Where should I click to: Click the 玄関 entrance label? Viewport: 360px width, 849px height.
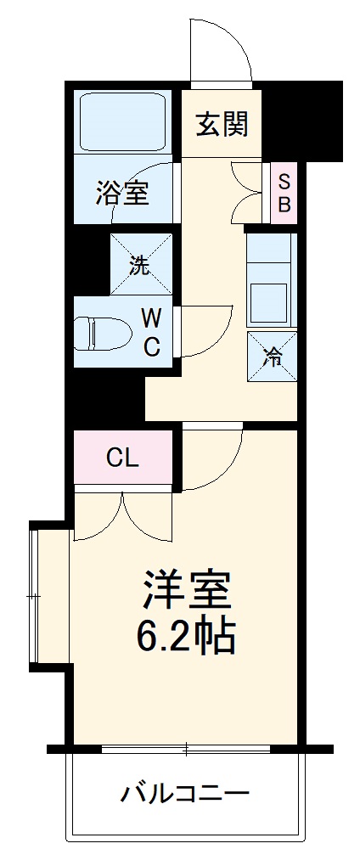coord(222,124)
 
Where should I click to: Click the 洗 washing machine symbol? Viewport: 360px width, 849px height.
coord(140,264)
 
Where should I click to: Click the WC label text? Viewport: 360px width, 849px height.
coord(151,332)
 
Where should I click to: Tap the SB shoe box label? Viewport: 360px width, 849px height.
coord(284,193)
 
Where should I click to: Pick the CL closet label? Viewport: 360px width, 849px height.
coord(122,458)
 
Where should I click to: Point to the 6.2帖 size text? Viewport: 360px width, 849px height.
coord(187,637)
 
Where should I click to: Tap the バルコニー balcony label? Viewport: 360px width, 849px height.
coord(185,795)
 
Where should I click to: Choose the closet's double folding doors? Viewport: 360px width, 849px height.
coord(124,518)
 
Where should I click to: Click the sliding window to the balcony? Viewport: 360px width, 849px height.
coord(185,749)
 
